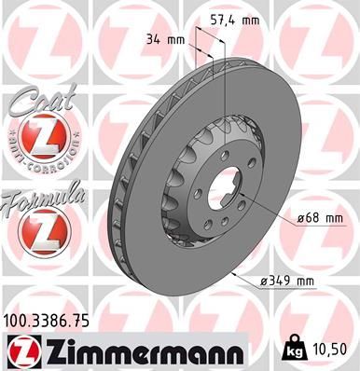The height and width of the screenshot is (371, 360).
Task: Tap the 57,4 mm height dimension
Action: point(233,18)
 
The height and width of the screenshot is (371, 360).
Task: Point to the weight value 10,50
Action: point(333,350)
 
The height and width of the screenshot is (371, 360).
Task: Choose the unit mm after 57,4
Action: point(249,18)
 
